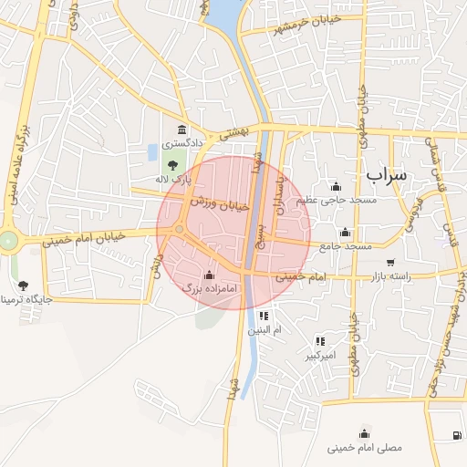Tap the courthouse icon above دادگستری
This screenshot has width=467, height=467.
pos(182,130)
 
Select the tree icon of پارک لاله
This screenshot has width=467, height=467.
pos(172,165)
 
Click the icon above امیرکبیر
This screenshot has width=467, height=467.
pos(319,340)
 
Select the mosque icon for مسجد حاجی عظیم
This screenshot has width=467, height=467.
pos(336,186)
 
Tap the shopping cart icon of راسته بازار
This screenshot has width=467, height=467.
pos(390,263)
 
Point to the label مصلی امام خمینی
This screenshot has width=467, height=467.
pos(364,448)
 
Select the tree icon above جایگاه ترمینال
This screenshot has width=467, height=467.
pos(23,285)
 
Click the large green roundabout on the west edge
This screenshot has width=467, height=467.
pos(8,241)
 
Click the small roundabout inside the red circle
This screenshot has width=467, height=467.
pos(180,229)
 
